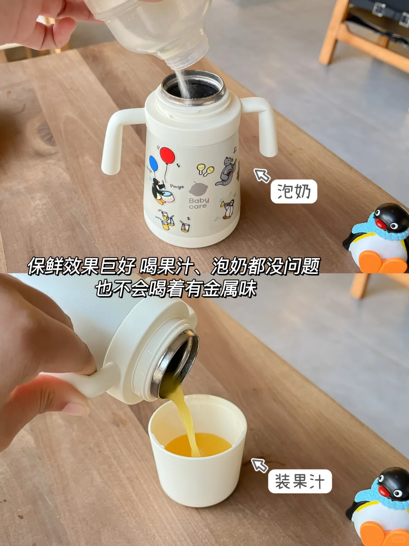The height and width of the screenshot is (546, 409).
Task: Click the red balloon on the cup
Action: pos(167,155)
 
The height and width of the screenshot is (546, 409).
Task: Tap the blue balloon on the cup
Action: pos(153,163)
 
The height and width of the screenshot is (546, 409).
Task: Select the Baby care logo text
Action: pos(199,203)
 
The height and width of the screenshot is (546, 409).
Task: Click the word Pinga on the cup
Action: pos(177,186)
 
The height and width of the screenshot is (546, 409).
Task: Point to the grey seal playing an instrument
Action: pos(227,171)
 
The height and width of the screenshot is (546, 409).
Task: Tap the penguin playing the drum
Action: pos(159,191)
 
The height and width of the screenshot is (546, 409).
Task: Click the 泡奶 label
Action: pos(293,191)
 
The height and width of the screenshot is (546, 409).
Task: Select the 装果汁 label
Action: pos(300,481)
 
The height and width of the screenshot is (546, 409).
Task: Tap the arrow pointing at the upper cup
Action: pos(262,175)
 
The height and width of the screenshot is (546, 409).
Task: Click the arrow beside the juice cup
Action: pos(259,465)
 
